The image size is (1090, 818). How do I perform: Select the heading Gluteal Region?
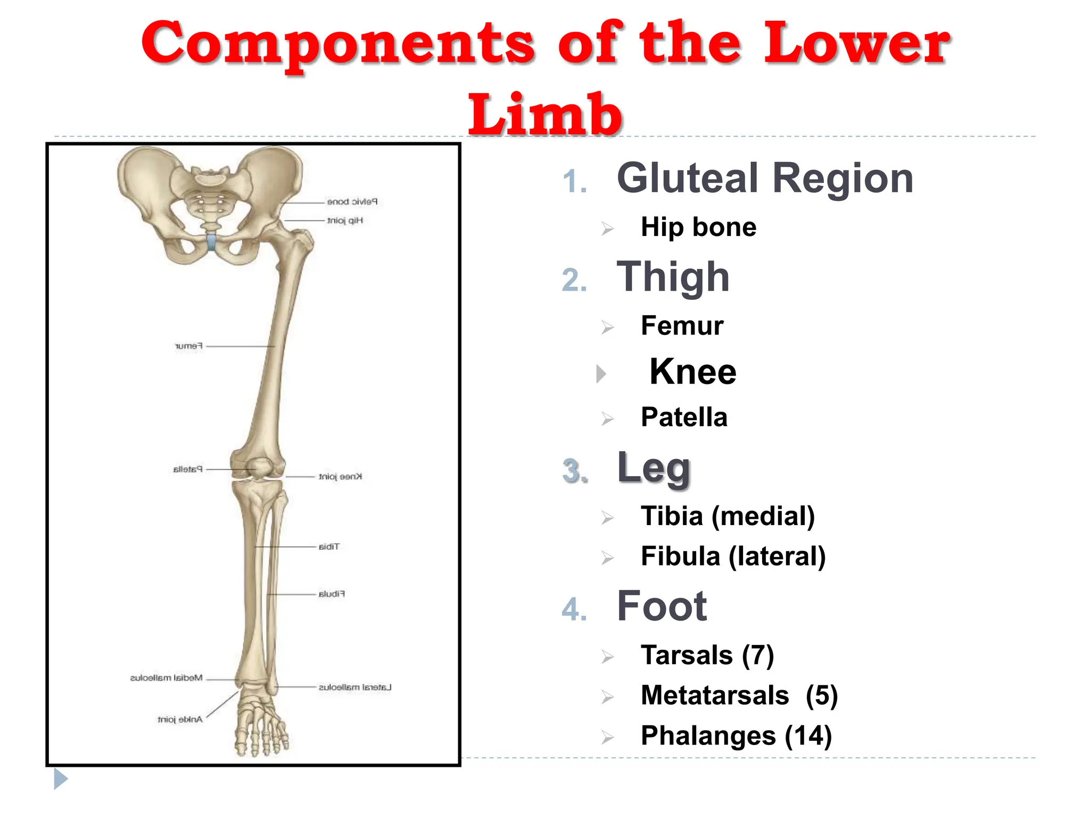(765, 178)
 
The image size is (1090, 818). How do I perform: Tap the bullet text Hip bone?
(698, 227)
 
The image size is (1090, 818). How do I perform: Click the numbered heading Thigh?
(673, 277)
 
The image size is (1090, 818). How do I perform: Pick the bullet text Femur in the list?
(682, 326)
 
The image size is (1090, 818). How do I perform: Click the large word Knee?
(692, 372)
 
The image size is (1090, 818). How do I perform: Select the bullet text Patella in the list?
(684, 417)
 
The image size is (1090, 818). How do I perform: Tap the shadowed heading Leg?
(654, 468)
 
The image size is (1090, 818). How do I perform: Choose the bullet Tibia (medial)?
(728, 516)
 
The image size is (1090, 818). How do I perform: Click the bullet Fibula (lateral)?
(733, 557)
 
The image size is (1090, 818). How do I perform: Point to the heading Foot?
(662, 606)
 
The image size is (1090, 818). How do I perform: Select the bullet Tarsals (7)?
(707, 655)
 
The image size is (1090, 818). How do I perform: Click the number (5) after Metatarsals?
(821, 696)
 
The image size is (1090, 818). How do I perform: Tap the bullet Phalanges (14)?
(736, 736)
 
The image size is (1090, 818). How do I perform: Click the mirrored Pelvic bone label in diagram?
(352, 202)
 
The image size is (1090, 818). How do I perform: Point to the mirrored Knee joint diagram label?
(340, 477)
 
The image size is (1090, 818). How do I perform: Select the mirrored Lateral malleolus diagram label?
(355, 688)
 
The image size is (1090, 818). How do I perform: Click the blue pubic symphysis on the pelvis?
(212, 242)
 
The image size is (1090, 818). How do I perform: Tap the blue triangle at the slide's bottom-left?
(60, 779)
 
